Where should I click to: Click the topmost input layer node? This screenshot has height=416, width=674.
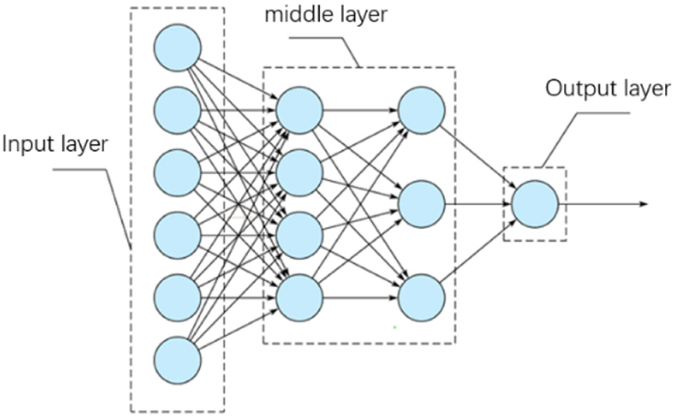tap(177, 48)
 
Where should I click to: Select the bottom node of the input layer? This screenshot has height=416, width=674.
tap(177, 360)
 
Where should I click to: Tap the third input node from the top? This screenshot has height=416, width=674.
tap(177, 173)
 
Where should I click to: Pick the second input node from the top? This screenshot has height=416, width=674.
tap(177, 110)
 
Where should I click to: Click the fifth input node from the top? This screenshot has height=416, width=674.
tap(177, 297)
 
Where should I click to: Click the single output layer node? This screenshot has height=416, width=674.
tap(534, 204)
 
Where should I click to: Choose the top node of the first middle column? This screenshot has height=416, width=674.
tap(299, 110)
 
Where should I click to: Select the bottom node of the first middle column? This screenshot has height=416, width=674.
tap(299, 297)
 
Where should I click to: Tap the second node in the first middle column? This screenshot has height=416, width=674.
tap(299, 173)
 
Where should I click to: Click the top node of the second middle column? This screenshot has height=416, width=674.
tap(421, 110)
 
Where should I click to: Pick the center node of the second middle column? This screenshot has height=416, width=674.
tap(421, 204)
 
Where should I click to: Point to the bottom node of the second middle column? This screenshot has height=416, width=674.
tap(421, 297)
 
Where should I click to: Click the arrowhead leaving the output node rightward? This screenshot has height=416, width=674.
tap(644, 204)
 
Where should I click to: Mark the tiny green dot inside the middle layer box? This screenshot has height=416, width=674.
tap(395, 327)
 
